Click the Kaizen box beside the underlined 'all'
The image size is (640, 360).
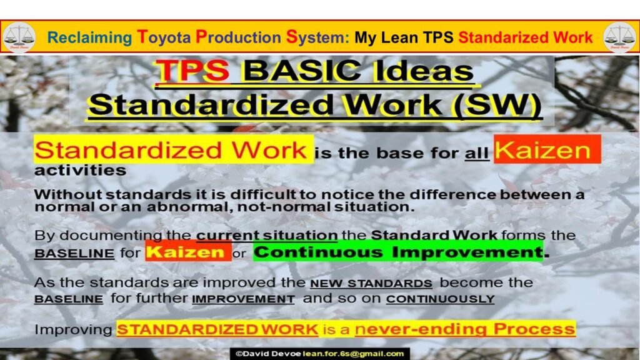click(x=547, y=150)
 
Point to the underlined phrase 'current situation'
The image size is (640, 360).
click(x=267, y=236)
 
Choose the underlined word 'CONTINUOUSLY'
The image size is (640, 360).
click(x=440, y=299)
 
